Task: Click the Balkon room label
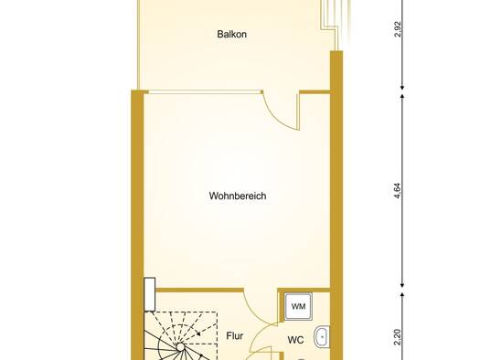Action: point(231,34)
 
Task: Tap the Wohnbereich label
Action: point(238,196)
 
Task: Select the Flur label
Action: point(234,336)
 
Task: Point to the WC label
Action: point(295,340)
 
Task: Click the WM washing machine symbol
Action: point(298,306)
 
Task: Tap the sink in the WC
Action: point(322,337)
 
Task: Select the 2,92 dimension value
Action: point(398,29)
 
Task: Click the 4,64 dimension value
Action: point(398,191)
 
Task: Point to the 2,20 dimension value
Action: point(398,337)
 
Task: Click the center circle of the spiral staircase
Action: point(181,347)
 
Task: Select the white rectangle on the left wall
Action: point(150,294)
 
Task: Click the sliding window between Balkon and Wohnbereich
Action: point(205,91)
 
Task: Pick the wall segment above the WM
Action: point(304,290)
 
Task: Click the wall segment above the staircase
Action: point(199,290)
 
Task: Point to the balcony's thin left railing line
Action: point(138,45)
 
